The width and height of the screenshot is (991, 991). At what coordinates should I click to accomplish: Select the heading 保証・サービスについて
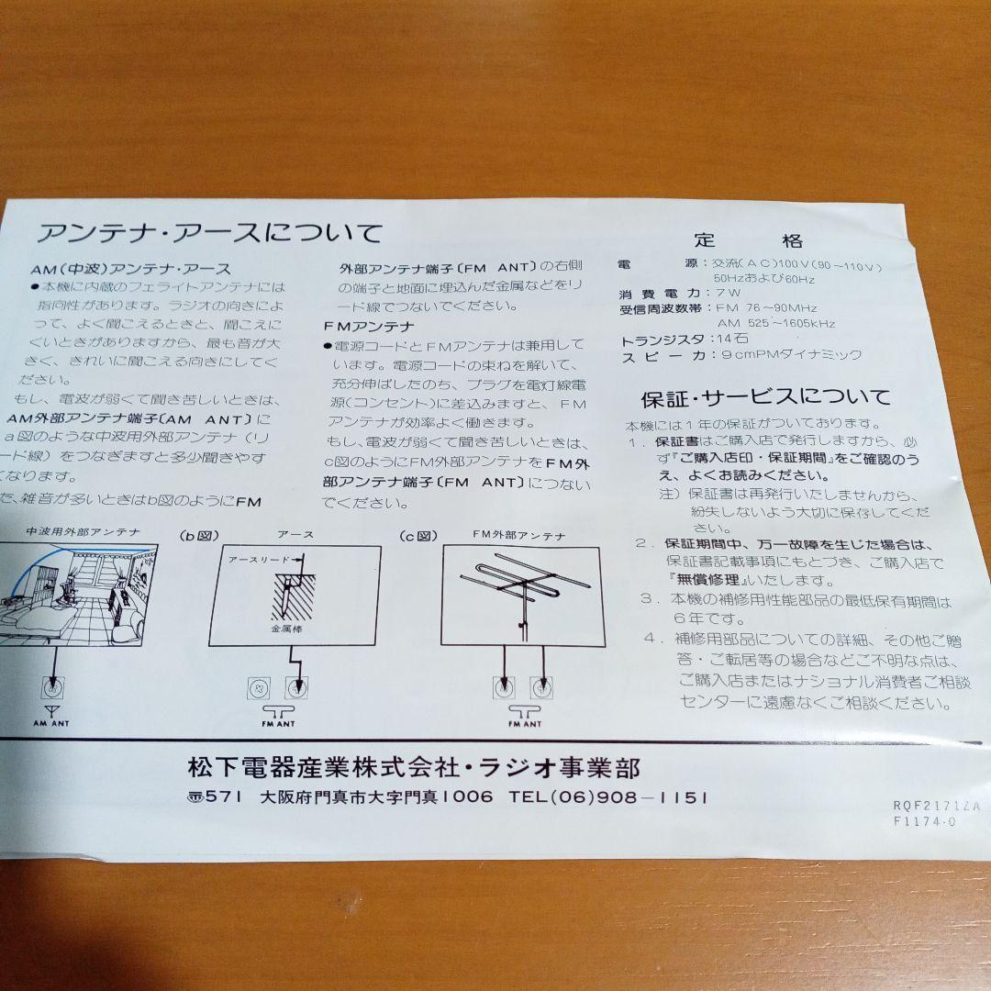pyautogui.click(x=765, y=397)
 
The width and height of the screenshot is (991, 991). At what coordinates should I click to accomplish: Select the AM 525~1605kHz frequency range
pyautogui.click(x=775, y=323)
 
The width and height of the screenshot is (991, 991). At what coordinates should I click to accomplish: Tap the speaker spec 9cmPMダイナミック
pyautogui.click(x=791, y=355)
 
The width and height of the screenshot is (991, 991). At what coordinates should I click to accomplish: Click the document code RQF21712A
pyautogui.click(x=936, y=805)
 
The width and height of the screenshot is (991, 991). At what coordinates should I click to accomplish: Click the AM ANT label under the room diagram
pyautogui.click(x=52, y=724)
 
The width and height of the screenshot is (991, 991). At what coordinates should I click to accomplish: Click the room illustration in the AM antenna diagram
pyautogui.click(x=78, y=595)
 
